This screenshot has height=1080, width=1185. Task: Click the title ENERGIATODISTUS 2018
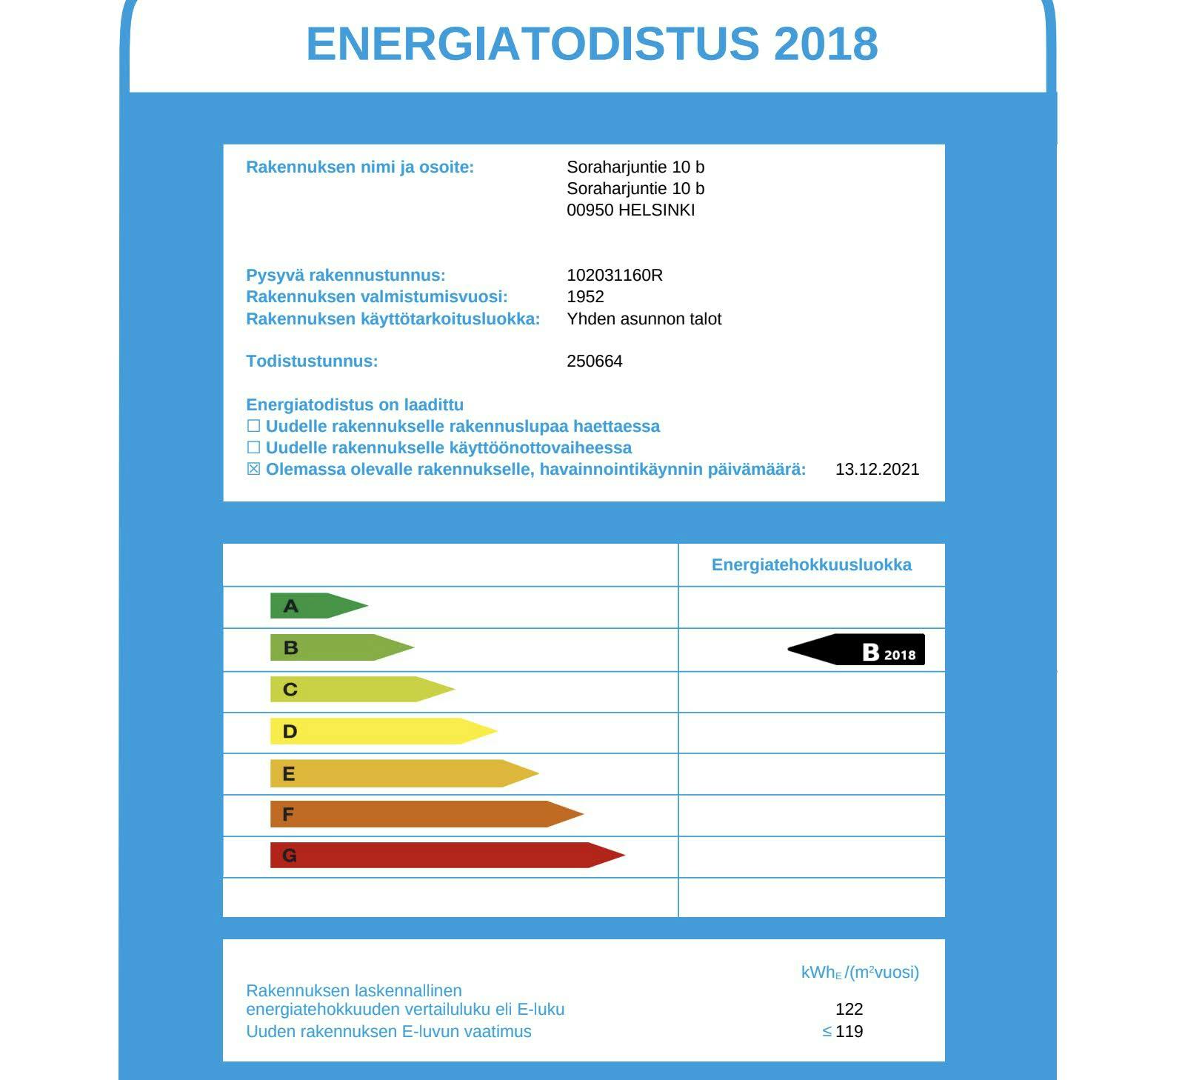click(x=592, y=44)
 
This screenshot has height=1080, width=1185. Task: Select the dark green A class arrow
click(x=315, y=606)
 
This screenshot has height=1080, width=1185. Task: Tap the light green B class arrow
click(x=337, y=647)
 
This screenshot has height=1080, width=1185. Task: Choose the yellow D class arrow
click(x=378, y=732)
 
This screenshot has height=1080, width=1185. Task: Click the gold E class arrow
click(x=400, y=774)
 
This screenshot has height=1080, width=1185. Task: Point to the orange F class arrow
click(x=422, y=815)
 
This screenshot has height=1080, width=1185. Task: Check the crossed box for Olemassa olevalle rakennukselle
click(x=253, y=469)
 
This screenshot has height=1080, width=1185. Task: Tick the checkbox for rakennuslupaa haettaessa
click(x=253, y=426)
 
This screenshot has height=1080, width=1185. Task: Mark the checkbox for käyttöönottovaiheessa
click(x=253, y=447)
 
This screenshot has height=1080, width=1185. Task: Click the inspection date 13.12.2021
click(x=877, y=470)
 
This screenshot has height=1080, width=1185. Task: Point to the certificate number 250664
click(x=594, y=361)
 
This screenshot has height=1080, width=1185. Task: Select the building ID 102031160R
click(x=614, y=276)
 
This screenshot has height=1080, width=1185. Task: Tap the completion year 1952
click(x=585, y=297)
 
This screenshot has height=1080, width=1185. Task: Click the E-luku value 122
click(x=849, y=1009)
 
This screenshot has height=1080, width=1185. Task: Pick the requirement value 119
click(x=849, y=1031)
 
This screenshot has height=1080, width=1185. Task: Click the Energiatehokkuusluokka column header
click(x=811, y=565)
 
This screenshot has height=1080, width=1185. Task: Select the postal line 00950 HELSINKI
click(x=630, y=210)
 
